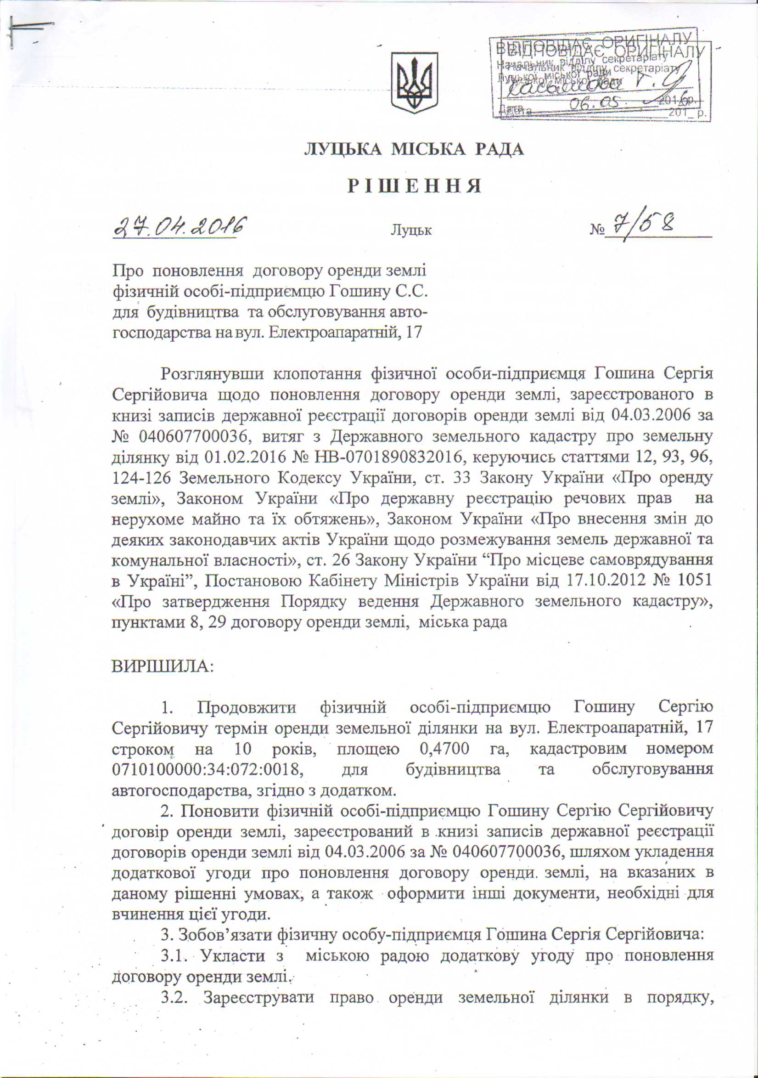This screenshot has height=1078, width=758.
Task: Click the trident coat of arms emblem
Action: click(415, 82)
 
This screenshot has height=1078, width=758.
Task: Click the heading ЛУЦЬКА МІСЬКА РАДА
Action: click(414, 149)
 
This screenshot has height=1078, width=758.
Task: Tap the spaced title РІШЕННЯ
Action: click(415, 186)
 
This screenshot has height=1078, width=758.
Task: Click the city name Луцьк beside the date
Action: click(411, 231)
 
